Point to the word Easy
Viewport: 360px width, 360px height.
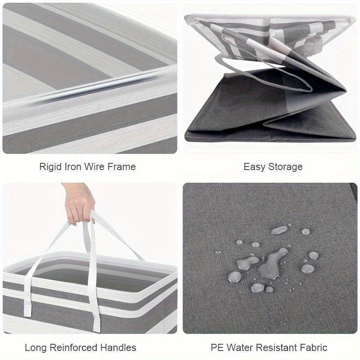tap(254, 167)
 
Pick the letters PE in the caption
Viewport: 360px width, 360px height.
tap(217, 347)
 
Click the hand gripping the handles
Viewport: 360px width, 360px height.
tap(79, 203)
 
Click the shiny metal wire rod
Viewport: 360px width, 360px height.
tap(92, 90)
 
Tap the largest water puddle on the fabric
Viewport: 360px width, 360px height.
tap(273, 264)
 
